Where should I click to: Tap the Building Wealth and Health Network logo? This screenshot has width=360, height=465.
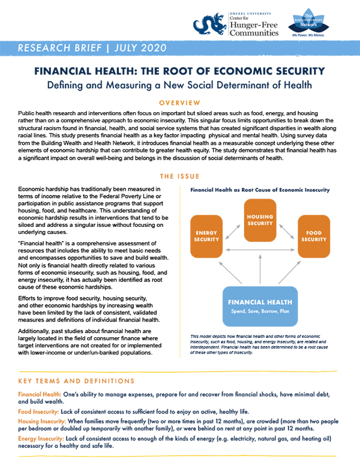point(311,25)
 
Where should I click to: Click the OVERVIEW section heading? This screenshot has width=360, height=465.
point(179,103)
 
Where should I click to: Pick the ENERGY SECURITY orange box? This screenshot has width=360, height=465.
point(206,235)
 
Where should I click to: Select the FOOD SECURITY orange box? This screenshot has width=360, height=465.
point(314,235)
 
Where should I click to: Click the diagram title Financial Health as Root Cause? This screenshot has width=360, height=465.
point(259,190)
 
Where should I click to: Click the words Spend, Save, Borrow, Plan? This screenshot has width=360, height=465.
point(259,313)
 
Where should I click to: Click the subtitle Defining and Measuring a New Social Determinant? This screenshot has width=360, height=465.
point(179,85)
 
